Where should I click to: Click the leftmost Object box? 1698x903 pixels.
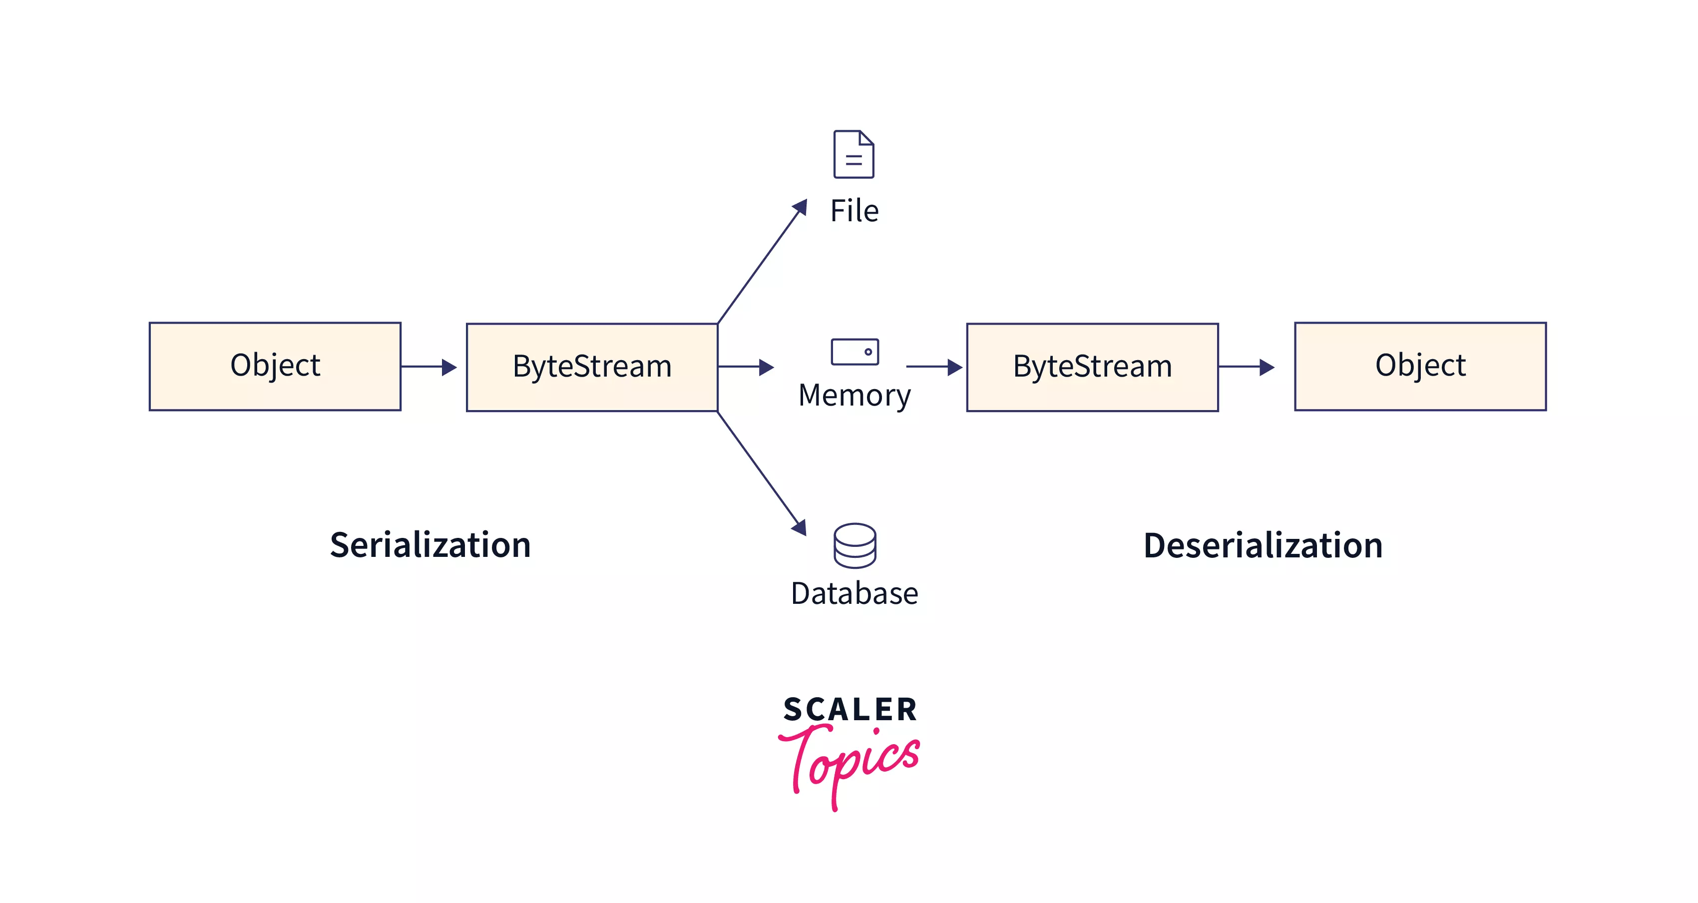(x=275, y=367)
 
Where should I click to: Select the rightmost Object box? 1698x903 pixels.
(x=1420, y=367)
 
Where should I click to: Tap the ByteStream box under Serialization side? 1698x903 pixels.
(x=592, y=367)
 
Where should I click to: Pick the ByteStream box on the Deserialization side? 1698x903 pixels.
(x=1092, y=367)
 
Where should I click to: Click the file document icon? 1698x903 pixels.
(x=853, y=154)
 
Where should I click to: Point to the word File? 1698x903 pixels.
(x=854, y=211)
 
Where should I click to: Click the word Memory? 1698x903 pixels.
(x=854, y=396)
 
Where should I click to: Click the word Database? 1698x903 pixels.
(x=854, y=594)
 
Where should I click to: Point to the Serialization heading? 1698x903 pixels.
(x=430, y=545)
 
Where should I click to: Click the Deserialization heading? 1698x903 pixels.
(x=1263, y=546)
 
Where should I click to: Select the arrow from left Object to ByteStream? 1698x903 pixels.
(x=429, y=367)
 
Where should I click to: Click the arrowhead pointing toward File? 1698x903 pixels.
(x=800, y=207)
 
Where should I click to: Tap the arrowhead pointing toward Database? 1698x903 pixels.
(x=799, y=527)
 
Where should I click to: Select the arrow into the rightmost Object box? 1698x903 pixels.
(x=1247, y=367)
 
